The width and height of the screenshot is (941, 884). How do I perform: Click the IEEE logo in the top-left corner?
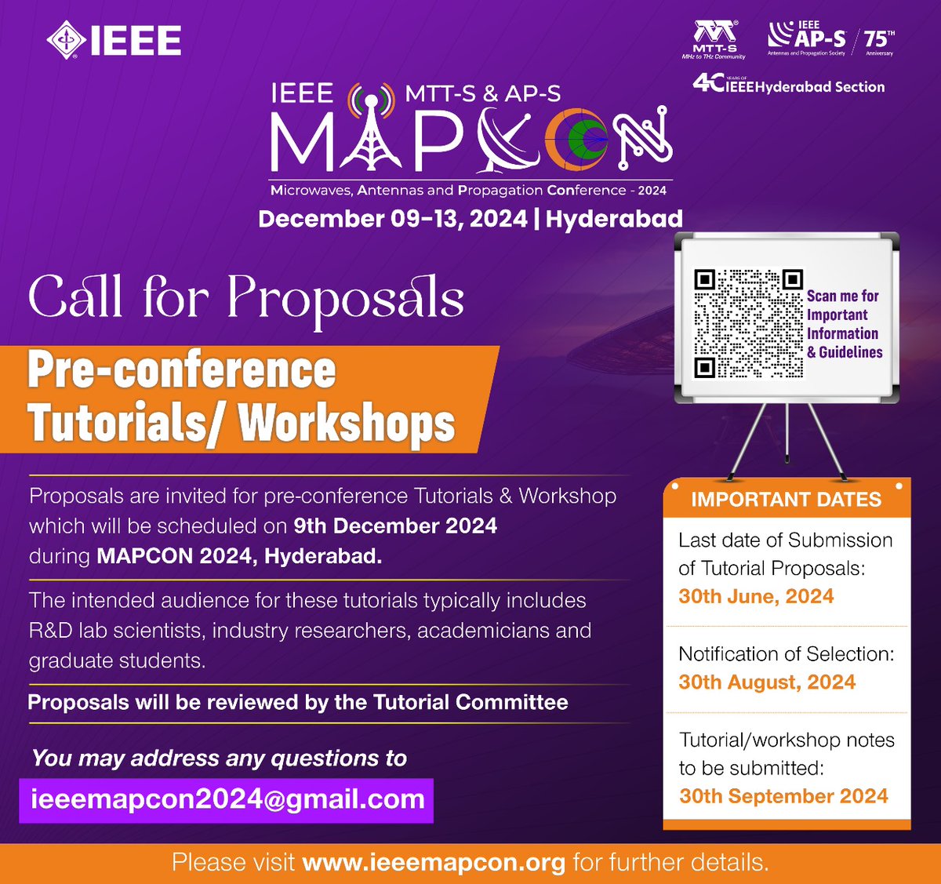[114, 41]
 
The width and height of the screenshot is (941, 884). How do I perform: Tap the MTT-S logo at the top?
[714, 39]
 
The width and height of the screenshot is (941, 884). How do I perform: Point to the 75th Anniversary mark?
[878, 41]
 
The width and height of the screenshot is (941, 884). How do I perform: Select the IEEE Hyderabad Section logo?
[788, 84]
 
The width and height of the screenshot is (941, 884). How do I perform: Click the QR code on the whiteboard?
[749, 323]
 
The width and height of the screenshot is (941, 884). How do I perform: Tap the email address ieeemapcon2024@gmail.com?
[227, 800]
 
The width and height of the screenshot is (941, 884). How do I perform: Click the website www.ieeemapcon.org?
[434, 863]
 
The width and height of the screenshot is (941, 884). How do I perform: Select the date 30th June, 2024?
[756, 597]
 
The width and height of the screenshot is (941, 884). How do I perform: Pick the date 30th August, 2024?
[767, 682]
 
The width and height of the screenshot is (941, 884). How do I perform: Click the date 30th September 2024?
[783, 796]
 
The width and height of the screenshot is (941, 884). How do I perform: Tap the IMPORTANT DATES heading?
[786, 500]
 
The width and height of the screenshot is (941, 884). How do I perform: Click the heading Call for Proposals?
[246, 298]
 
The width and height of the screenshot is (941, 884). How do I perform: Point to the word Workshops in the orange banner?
[347, 424]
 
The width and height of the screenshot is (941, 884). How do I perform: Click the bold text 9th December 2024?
[395, 526]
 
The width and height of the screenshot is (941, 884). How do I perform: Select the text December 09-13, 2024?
[392, 219]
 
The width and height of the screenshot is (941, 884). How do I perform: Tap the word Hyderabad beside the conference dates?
[614, 219]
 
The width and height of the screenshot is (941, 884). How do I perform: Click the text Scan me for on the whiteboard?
[842, 296]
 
